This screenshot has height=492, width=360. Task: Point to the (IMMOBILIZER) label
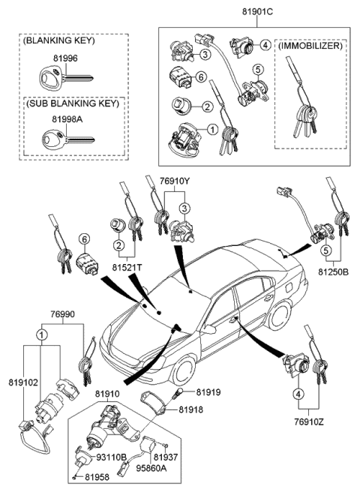[x=310, y=46]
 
